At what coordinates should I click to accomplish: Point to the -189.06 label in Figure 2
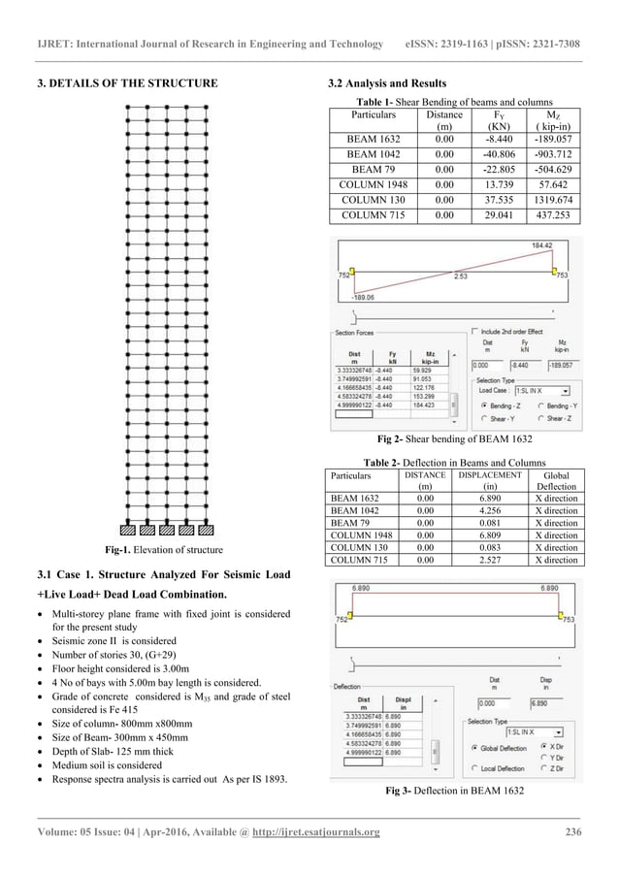tap(364, 298)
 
